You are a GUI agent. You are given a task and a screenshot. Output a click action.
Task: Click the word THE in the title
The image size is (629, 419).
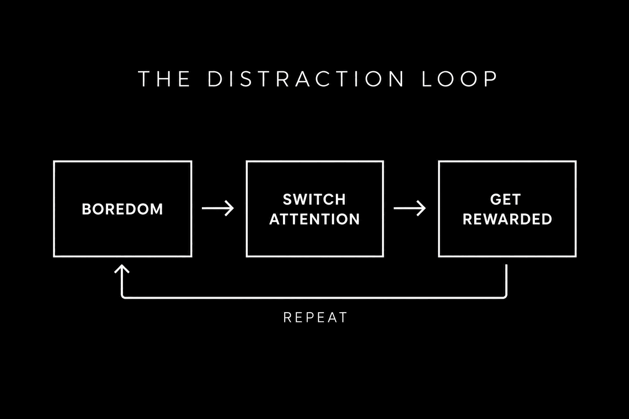tap(164, 79)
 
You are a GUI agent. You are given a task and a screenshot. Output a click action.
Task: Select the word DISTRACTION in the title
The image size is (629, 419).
tap(306, 79)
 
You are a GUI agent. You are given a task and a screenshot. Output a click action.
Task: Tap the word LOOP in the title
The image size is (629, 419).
tap(459, 79)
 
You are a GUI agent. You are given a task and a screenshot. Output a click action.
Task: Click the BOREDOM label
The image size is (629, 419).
tap(122, 209)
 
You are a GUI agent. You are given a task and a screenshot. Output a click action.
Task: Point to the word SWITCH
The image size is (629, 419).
tap(314, 200)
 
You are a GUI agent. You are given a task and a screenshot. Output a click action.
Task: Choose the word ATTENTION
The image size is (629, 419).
tap(314, 219)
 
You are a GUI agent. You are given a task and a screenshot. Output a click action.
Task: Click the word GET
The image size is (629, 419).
tap(505, 200)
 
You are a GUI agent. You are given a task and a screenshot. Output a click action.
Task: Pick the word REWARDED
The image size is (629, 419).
tap(507, 219)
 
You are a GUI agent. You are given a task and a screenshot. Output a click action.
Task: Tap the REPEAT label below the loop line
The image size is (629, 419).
tap(315, 318)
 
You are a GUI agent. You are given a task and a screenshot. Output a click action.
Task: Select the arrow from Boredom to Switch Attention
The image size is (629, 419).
tap(217, 208)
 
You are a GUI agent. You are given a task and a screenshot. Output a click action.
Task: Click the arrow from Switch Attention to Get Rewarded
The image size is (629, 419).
tap(410, 208)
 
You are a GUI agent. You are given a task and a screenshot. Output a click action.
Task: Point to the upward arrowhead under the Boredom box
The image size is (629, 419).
tap(122, 268)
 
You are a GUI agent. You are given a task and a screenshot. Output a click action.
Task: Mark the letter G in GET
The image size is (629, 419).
tap(496, 200)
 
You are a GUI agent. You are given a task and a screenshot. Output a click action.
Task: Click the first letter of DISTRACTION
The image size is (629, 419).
tap(215, 79)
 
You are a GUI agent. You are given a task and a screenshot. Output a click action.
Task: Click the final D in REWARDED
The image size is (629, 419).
tap(546, 219)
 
